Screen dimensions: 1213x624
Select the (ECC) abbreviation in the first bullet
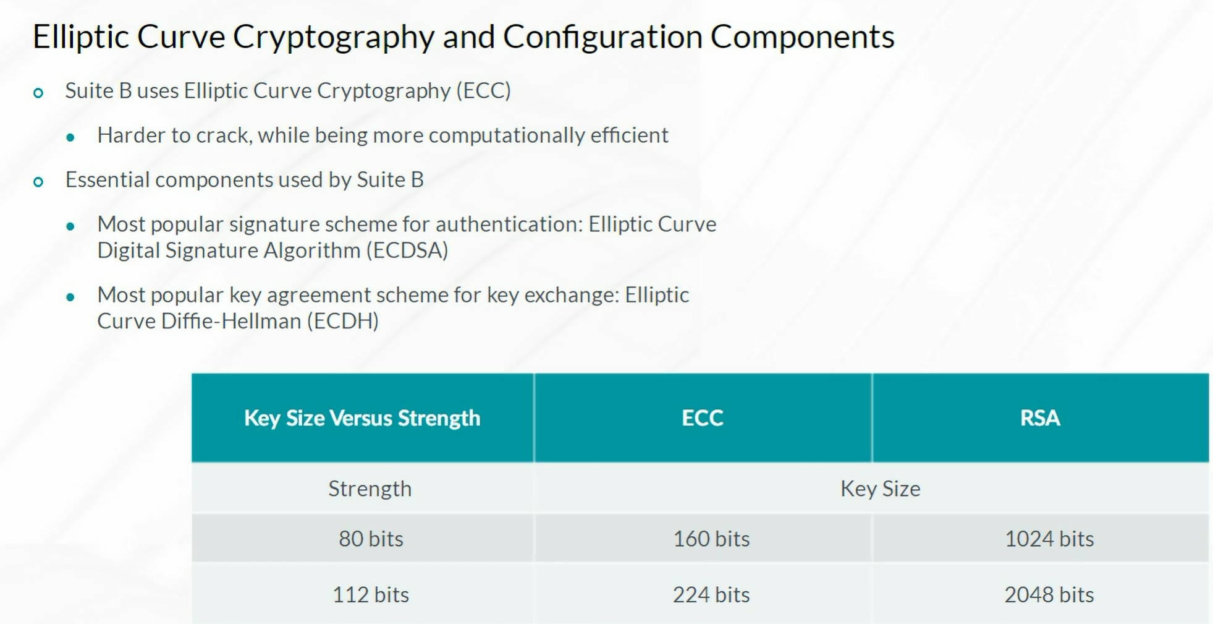tap(483, 91)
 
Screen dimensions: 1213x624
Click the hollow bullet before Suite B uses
tap(38, 93)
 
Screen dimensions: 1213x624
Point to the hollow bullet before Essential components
tap(38, 182)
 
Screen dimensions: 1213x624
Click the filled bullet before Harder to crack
tap(70, 137)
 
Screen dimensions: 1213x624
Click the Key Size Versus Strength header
tap(362, 418)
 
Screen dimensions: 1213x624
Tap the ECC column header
tap(703, 418)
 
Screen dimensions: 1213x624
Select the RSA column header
tap(1040, 418)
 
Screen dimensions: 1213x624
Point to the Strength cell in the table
tap(370, 489)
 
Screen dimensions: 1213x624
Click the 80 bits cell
tap(371, 539)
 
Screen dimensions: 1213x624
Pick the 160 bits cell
tap(711, 539)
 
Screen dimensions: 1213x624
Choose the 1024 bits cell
tap(1049, 539)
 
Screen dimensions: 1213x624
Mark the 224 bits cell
tap(711, 594)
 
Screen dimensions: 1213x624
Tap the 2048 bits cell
tap(1049, 594)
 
